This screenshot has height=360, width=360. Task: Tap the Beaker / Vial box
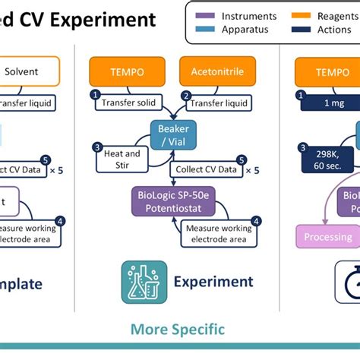(x=173, y=134)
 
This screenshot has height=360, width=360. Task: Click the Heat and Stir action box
(x=121, y=159)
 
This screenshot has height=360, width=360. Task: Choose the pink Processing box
(x=328, y=237)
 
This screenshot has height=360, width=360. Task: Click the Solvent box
(x=30, y=71)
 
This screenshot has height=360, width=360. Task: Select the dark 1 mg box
(x=329, y=103)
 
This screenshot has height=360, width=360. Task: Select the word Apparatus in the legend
(x=245, y=30)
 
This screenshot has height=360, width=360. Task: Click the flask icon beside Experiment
(x=144, y=283)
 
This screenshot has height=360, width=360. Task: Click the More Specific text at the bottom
(x=178, y=329)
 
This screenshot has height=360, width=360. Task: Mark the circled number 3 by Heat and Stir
(x=97, y=147)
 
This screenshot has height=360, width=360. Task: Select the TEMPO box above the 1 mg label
(x=332, y=71)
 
